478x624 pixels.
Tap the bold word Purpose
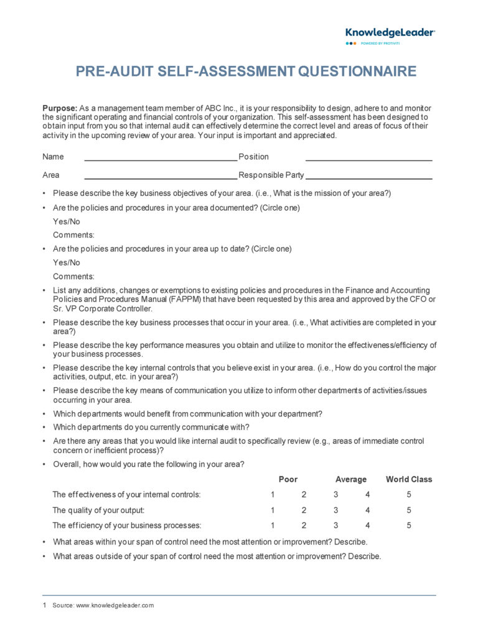60,108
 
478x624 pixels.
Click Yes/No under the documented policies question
67,221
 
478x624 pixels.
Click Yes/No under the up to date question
67,263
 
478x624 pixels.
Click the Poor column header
288,479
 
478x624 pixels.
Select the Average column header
351,479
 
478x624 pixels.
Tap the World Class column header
409,479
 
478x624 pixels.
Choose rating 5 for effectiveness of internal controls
409,495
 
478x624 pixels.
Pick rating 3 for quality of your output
335,510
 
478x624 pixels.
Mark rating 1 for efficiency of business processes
273,525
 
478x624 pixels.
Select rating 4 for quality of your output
368,510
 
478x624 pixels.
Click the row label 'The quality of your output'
98,510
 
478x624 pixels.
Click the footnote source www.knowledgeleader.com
121,605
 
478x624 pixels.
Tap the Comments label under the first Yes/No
73,235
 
